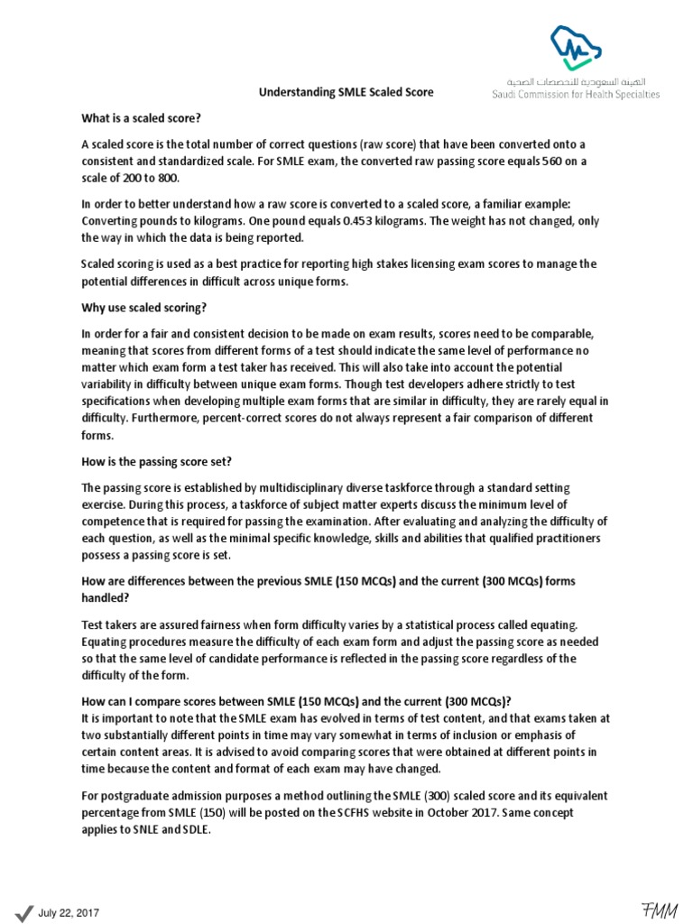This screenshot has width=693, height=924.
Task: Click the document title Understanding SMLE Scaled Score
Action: tap(346, 92)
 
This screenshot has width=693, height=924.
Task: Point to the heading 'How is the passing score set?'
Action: tap(157, 461)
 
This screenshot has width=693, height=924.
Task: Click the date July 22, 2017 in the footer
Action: tap(68, 913)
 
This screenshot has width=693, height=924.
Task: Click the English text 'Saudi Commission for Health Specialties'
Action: tap(575, 94)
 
